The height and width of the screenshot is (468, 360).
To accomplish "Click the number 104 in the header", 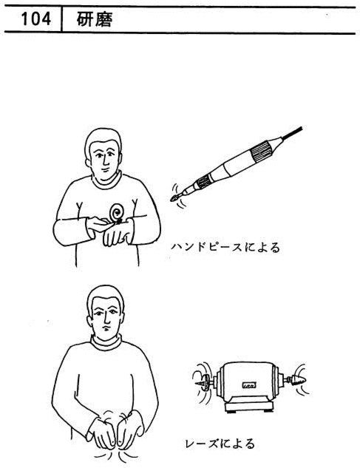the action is (36, 19).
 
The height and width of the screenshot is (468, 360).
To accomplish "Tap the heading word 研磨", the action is (95, 20).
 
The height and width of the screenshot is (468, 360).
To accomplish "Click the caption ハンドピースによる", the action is (225, 248).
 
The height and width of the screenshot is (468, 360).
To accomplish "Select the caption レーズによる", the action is (220, 444).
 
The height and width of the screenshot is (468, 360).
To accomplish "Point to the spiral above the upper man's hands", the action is (116, 212).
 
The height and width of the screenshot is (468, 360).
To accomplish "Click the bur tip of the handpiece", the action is (174, 198).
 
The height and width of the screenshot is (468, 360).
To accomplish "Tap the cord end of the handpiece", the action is (301, 129).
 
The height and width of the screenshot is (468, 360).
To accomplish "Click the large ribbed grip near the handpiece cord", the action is (261, 152).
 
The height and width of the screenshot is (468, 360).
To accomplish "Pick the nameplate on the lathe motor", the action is (249, 385).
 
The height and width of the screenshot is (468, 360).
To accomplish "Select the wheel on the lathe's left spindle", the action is (203, 383).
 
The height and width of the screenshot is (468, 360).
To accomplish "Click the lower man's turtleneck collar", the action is (106, 342).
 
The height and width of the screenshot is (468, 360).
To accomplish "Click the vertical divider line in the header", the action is (61, 19).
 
